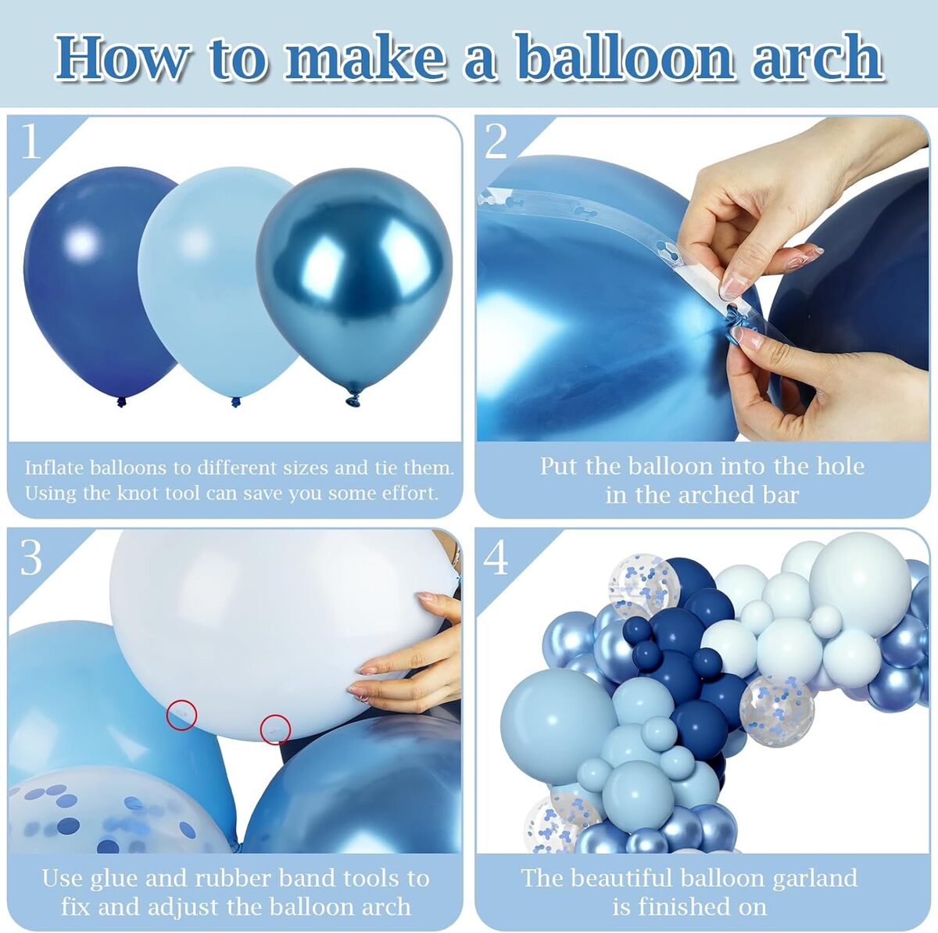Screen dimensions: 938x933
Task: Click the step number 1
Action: click(x=31, y=141)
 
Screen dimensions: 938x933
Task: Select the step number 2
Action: click(x=496, y=142)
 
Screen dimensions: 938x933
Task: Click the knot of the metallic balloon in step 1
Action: click(x=354, y=399)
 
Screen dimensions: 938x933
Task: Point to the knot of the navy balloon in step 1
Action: click(x=121, y=401)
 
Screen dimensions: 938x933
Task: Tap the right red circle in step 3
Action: click(x=275, y=729)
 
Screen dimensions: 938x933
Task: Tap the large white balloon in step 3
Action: click(x=277, y=633)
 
